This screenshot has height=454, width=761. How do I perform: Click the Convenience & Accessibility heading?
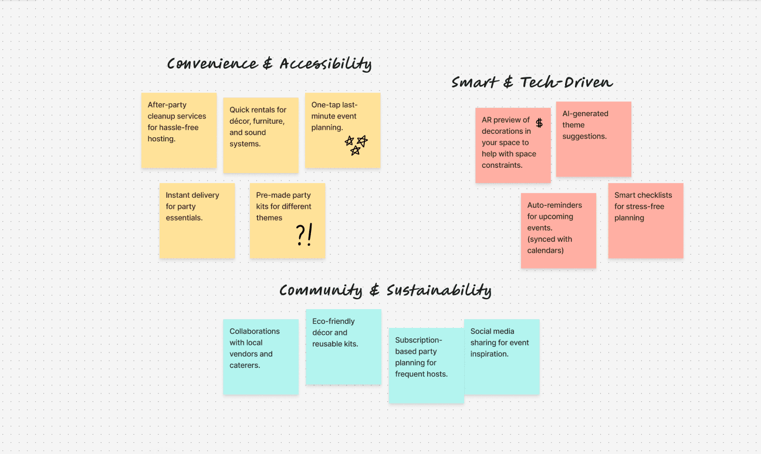click(x=269, y=64)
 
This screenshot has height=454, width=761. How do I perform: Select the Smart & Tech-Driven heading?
click(x=532, y=83)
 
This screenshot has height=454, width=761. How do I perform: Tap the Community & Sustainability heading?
click(x=385, y=290)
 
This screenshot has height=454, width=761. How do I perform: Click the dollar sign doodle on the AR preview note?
click(x=539, y=123)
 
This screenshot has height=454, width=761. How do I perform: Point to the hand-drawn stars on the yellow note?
click(x=356, y=145)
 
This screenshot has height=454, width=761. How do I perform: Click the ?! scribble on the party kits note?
click(x=304, y=235)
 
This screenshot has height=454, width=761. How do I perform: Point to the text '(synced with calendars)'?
click(x=549, y=245)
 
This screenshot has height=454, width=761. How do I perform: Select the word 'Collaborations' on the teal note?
click(x=255, y=331)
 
